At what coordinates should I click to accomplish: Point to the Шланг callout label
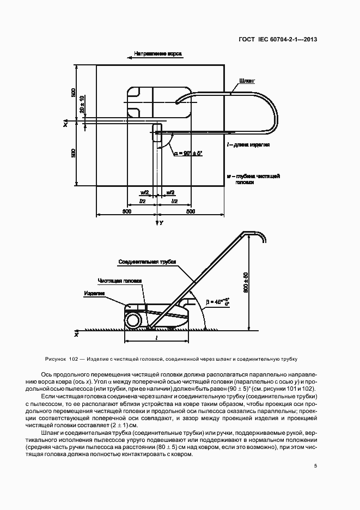point(246,80)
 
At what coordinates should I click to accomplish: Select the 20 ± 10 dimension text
point(82,105)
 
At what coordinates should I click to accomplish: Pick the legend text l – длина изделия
point(248,144)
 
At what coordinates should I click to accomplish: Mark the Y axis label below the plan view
point(161,223)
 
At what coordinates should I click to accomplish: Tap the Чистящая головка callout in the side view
point(120,281)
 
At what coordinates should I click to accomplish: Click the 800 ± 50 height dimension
point(246,283)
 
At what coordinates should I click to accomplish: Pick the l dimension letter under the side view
point(157,338)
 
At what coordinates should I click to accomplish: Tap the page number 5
point(315,465)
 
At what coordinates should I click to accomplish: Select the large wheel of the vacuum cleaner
point(132,320)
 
